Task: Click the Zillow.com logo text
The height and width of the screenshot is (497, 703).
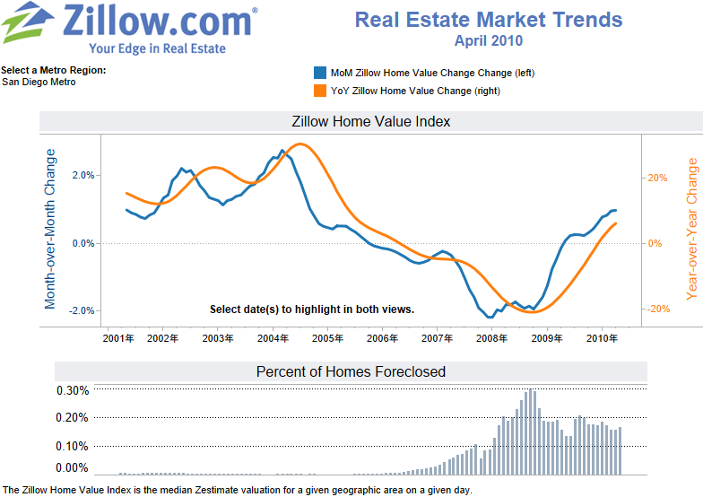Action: click(x=161, y=22)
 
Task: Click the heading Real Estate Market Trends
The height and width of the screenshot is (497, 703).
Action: click(x=489, y=20)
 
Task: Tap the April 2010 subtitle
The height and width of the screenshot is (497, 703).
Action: click(x=489, y=40)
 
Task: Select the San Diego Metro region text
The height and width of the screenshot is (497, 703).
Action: click(x=39, y=83)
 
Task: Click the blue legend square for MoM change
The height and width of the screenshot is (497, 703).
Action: click(x=319, y=73)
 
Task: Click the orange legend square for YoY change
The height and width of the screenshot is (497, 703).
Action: click(x=319, y=91)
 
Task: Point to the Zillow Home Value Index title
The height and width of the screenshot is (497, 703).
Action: click(x=371, y=121)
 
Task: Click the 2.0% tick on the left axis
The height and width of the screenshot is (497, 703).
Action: click(x=82, y=176)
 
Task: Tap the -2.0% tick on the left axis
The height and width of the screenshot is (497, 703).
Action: click(x=82, y=310)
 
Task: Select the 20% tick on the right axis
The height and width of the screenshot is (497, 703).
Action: click(x=656, y=178)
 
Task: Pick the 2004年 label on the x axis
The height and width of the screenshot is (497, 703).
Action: click(x=273, y=339)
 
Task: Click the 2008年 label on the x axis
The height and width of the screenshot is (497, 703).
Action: click(x=491, y=339)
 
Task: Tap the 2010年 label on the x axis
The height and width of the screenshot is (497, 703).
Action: click(x=601, y=339)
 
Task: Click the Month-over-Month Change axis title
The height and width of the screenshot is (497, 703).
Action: click(x=50, y=229)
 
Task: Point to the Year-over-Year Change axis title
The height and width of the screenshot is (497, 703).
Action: click(x=691, y=229)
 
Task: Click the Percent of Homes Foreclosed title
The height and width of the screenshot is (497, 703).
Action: click(x=351, y=371)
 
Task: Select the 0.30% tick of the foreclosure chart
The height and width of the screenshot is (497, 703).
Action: click(x=73, y=391)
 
